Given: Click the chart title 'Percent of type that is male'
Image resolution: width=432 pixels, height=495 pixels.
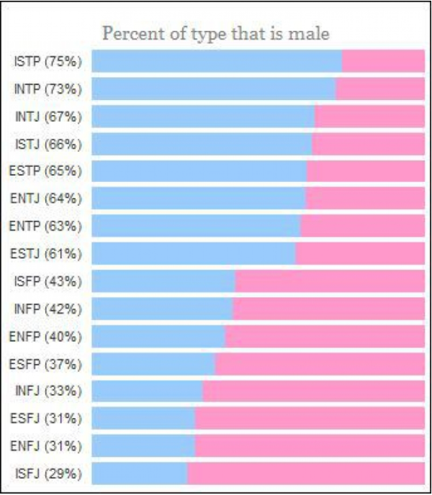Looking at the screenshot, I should (x=216, y=33).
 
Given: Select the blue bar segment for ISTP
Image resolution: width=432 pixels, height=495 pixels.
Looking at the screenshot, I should (x=217, y=61).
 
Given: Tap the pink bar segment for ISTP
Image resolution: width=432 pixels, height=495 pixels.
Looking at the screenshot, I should (x=383, y=61).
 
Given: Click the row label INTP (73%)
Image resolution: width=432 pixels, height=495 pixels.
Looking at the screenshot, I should (x=48, y=89).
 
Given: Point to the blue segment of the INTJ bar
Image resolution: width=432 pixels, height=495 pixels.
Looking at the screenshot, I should (x=203, y=117).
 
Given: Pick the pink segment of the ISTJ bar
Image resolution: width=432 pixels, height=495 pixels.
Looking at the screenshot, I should (x=368, y=144).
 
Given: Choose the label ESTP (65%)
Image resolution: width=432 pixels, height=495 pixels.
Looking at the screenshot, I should (x=48, y=171).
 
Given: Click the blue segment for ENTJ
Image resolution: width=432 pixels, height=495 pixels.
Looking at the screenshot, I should (x=199, y=199).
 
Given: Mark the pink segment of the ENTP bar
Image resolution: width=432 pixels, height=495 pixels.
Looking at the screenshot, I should (x=362, y=226).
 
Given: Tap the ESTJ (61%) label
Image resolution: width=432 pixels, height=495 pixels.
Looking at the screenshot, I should (x=48, y=253).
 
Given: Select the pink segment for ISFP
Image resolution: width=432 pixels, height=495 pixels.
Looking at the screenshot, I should (x=330, y=281).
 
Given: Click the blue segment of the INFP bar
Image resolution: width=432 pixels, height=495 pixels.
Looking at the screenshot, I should (x=162, y=309).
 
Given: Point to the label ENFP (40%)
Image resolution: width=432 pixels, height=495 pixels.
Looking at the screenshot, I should (x=48, y=336).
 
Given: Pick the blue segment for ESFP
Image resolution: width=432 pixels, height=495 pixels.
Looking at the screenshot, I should (x=153, y=363).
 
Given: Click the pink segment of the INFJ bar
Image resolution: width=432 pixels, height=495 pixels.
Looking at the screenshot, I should (x=313, y=391).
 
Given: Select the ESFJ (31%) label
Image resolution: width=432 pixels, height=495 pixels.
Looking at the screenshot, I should (x=48, y=418).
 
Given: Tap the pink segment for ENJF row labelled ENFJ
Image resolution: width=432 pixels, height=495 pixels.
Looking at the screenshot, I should (x=310, y=445).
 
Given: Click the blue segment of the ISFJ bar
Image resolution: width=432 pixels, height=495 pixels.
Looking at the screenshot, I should (x=140, y=473).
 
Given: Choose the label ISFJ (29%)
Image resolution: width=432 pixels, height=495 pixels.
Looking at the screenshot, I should (x=48, y=473).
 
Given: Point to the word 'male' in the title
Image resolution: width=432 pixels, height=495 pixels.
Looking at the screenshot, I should (x=310, y=33).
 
